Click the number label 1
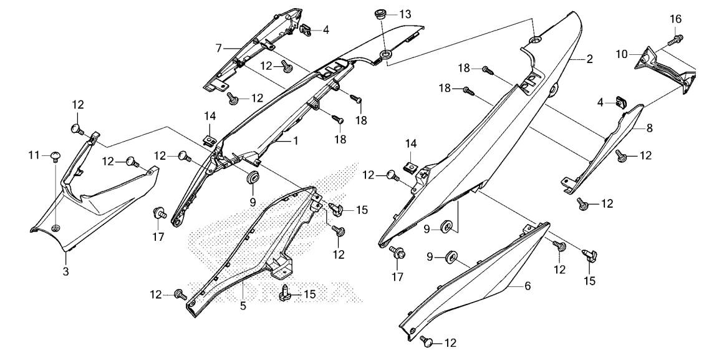tap(296, 141)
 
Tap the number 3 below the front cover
tap(65, 272)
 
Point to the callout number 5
tap(243, 306)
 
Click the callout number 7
tap(219, 48)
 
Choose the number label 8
tap(649, 128)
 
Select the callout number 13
tap(405, 14)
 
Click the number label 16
tap(676, 19)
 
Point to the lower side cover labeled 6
tap(474, 281)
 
